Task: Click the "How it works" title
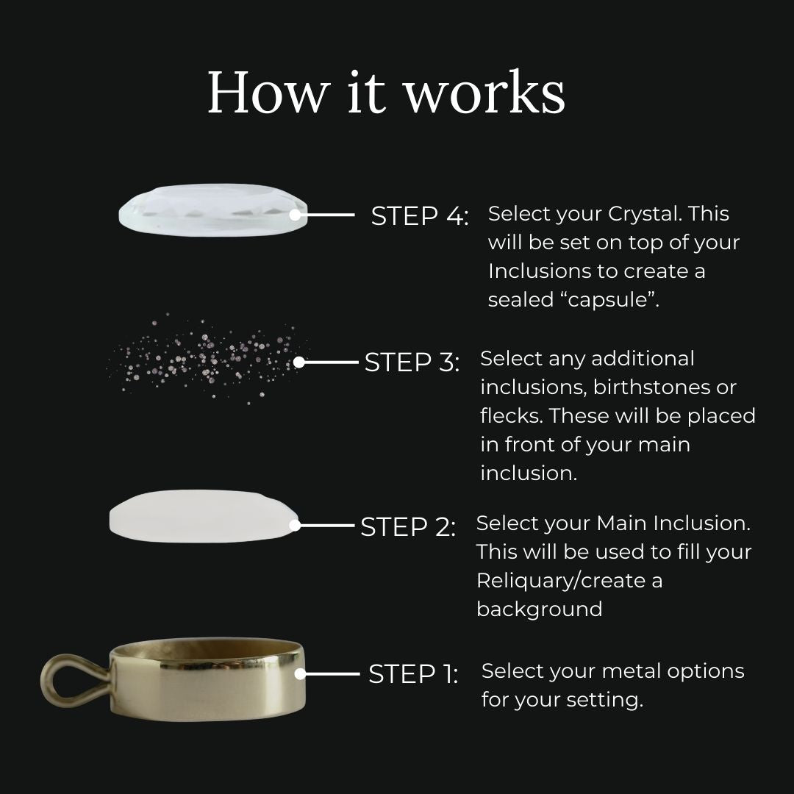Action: click(x=386, y=92)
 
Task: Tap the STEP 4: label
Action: click(x=420, y=215)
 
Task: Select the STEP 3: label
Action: click(x=412, y=362)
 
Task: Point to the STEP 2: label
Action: click(x=408, y=526)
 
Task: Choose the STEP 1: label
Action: click(x=413, y=674)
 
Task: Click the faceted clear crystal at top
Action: click(x=213, y=210)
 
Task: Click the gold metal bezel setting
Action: click(x=207, y=679)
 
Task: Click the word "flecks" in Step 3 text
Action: click(x=511, y=415)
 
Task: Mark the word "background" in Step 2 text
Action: click(x=540, y=609)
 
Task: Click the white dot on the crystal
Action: click(x=296, y=215)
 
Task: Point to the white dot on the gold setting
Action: click(x=300, y=674)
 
